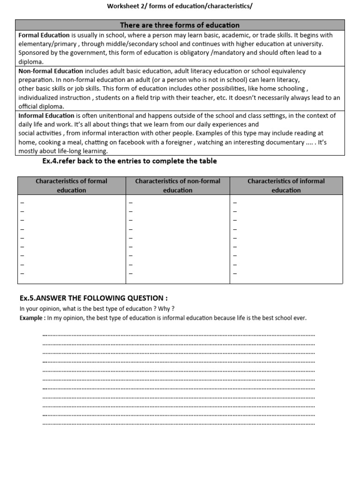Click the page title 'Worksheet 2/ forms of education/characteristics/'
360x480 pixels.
(x=180, y=6)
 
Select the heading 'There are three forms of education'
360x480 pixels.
(x=180, y=25)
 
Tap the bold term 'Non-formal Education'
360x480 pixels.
(x=51, y=71)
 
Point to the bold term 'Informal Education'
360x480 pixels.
(x=46, y=115)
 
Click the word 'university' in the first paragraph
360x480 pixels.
(x=307, y=44)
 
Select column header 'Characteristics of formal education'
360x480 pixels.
(x=72, y=186)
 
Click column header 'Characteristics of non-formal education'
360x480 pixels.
(x=178, y=186)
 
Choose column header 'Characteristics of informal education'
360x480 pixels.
(x=286, y=186)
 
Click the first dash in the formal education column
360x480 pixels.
(x=22, y=202)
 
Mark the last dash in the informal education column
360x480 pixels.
(x=235, y=273)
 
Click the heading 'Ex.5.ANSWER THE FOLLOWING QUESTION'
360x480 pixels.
(x=93, y=298)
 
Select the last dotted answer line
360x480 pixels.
(x=179, y=424)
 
